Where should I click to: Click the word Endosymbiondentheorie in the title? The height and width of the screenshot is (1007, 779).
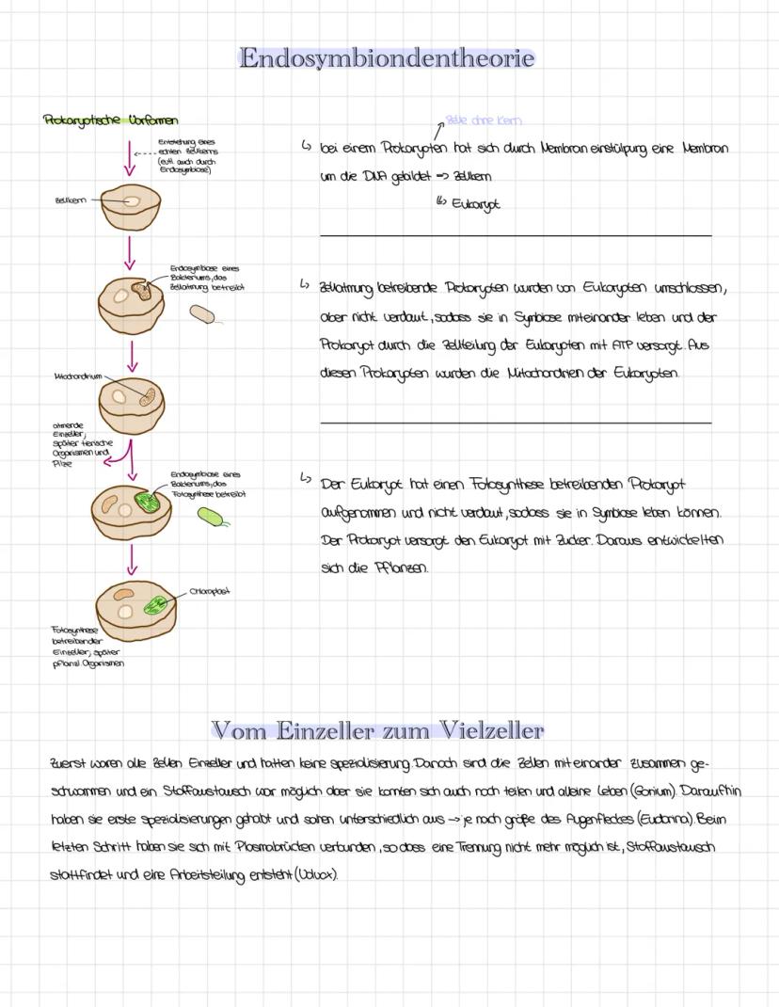[387, 58]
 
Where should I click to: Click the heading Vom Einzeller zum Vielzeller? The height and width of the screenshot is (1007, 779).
[377, 730]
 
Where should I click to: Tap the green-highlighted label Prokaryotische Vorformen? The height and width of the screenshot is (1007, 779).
[110, 120]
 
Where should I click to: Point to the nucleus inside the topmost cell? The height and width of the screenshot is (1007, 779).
[132, 200]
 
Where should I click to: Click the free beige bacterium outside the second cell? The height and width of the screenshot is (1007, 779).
[202, 314]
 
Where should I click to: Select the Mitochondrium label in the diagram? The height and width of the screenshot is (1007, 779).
[78, 376]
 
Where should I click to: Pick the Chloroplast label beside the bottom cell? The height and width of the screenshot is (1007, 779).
[210, 592]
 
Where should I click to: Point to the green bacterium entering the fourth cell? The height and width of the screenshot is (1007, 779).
[148, 501]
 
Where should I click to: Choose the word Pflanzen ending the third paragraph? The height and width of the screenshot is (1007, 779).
[402, 568]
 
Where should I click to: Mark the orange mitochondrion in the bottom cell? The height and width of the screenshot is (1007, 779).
[124, 595]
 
